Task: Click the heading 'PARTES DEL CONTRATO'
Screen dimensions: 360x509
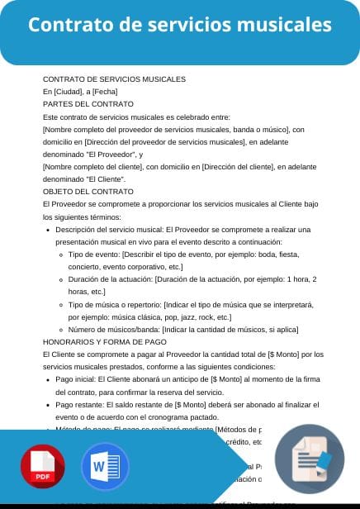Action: pyautogui.click(x=88, y=104)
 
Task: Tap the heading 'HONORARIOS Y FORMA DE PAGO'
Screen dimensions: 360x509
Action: pyautogui.click(x=104, y=341)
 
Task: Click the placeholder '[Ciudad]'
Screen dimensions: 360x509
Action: pyautogui.click(x=68, y=91)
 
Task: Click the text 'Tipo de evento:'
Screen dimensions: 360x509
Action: pyautogui.click(x=94, y=254)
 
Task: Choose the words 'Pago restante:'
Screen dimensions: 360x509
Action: pyautogui.click(x=79, y=406)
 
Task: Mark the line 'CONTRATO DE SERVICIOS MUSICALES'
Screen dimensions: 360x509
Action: pyautogui.click(x=114, y=78)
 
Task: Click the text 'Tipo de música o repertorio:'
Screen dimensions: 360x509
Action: pyautogui.click(x=116, y=304)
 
